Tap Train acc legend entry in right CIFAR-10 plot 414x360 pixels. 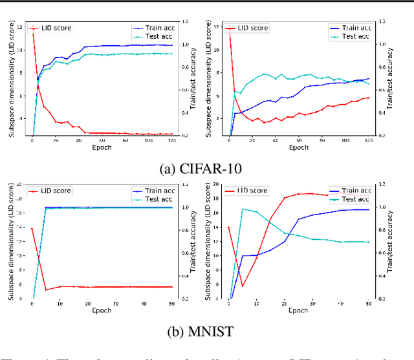click(354, 28)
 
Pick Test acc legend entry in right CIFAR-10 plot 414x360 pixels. click(354, 37)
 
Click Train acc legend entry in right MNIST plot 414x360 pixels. click(354, 191)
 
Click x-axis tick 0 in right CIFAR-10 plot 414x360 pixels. click(230, 140)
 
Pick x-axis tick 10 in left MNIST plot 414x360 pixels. click(60, 303)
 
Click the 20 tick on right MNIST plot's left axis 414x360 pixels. click(217, 184)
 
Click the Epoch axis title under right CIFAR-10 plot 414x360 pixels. click(298, 147)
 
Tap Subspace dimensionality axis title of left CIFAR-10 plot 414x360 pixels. click(9, 81)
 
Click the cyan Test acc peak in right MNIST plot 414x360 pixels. click(243, 209)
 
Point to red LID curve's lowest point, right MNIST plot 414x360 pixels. click(243, 286)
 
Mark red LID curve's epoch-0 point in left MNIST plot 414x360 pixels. click(32, 228)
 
